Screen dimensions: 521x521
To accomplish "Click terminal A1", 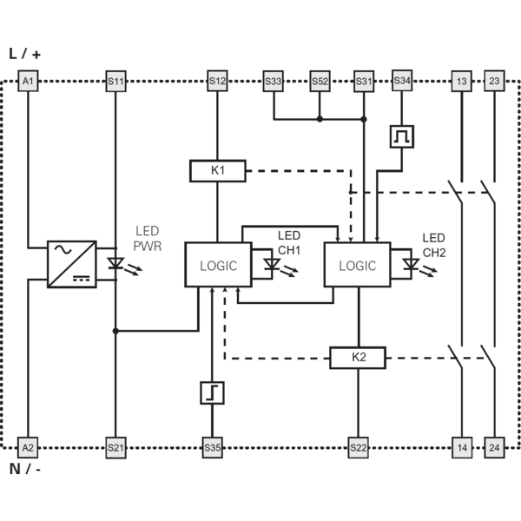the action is pyautogui.click(x=28, y=81).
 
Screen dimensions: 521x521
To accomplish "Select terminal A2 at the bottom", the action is pyautogui.click(x=28, y=447).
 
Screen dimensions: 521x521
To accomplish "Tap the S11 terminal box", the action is pyautogui.click(x=115, y=81).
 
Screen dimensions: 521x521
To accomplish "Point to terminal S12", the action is pyautogui.click(x=217, y=81).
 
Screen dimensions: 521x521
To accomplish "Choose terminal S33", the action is pyautogui.click(x=274, y=81).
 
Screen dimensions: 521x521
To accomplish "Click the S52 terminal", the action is pyautogui.click(x=320, y=81).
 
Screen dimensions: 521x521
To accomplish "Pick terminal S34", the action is pyautogui.click(x=402, y=81).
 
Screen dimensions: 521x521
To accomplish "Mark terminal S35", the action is pyautogui.click(x=213, y=447).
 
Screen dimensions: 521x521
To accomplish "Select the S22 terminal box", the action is pyautogui.click(x=358, y=447).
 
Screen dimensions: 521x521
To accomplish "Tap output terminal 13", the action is pyautogui.click(x=462, y=81).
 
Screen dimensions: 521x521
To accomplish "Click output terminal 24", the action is pyautogui.click(x=494, y=447).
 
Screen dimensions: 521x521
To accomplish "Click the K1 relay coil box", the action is pyautogui.click(x=218, y=171).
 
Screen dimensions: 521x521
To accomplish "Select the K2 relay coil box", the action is pyautogui.click(x=358, y=358).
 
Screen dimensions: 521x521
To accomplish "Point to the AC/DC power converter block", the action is pyautogui.click(x=72, y=264).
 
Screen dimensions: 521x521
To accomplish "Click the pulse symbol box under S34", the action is pyautogui.click(x=402, y=136).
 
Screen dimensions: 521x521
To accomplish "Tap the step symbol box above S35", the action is pyautogui.click(x=213, y=393).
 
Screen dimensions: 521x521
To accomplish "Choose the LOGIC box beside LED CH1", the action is pyautogui.click(x=218, y=265).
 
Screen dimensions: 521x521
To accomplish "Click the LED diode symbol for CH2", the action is pyautogui.click(x=411, y=265).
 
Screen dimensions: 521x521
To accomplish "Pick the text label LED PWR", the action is pyautogui.click(x=148, y=239).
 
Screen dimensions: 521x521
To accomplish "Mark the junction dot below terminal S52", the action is pyautogui.click(x=320, y=119).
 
